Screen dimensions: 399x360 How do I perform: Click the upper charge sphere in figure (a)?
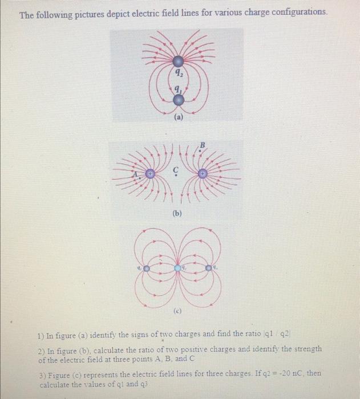click(x=178, y=61)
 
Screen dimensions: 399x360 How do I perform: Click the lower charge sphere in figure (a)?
click(x=178, y=100)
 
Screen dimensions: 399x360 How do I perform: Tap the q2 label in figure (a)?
click(x=179, y=73)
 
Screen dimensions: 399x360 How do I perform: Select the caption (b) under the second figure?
click(x=179, y=214)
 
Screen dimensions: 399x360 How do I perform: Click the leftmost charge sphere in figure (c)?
click(x=147, y=267)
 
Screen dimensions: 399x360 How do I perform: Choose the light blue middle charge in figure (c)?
click(x=178, y=267)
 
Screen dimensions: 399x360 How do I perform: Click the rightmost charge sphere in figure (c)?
click(x=210, y=267)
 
